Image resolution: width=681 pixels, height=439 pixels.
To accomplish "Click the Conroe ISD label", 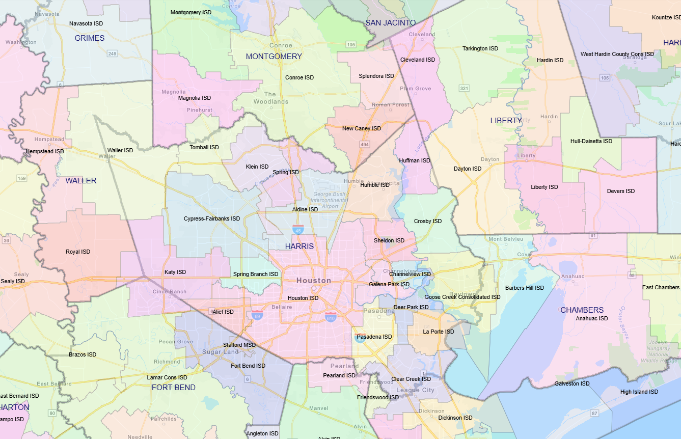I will coord(299,78).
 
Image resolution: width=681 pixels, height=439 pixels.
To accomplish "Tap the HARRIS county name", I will coord(299,246).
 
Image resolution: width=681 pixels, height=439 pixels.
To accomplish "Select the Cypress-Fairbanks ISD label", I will coord(211,219).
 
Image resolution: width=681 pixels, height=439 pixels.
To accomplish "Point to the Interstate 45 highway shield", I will coord(298,230).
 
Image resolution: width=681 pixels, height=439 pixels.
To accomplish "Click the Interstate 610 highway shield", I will coord(331,318).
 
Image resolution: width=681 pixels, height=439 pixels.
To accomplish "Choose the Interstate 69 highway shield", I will coord(257,315).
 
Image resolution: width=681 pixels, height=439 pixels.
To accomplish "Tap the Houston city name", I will coord(313,281).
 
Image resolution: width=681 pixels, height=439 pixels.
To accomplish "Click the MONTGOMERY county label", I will coord(274,57).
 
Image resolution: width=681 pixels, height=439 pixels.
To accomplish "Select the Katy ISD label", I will coord(175,272).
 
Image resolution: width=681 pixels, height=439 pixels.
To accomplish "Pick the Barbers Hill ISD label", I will coord(524,288).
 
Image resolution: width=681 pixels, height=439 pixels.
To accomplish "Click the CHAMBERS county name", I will coord(582,310).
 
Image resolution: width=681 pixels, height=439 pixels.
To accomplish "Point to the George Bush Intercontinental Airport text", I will coord(330,200).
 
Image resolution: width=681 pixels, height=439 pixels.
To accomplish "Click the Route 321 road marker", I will coord(464,89).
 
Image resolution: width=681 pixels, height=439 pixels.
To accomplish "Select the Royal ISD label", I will coord(78,252).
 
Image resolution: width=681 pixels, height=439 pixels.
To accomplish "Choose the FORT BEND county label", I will coord(173,388).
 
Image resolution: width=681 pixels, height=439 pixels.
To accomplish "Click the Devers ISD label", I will coord(620,191).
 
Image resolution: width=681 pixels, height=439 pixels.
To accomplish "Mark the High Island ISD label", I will coord(639,392).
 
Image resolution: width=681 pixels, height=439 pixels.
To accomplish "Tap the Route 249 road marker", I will coord(112,53).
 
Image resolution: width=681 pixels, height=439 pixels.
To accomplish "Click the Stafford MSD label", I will coord(239,345).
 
